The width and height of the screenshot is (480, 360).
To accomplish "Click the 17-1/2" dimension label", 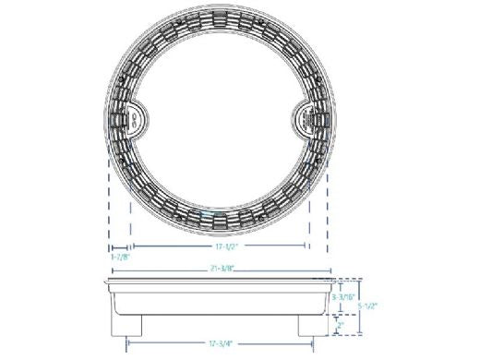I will point(220,248).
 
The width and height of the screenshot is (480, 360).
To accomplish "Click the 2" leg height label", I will point(341,326).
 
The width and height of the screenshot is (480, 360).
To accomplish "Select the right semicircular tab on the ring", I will point(308,116).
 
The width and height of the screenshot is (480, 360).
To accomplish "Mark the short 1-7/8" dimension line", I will point(118,247).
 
